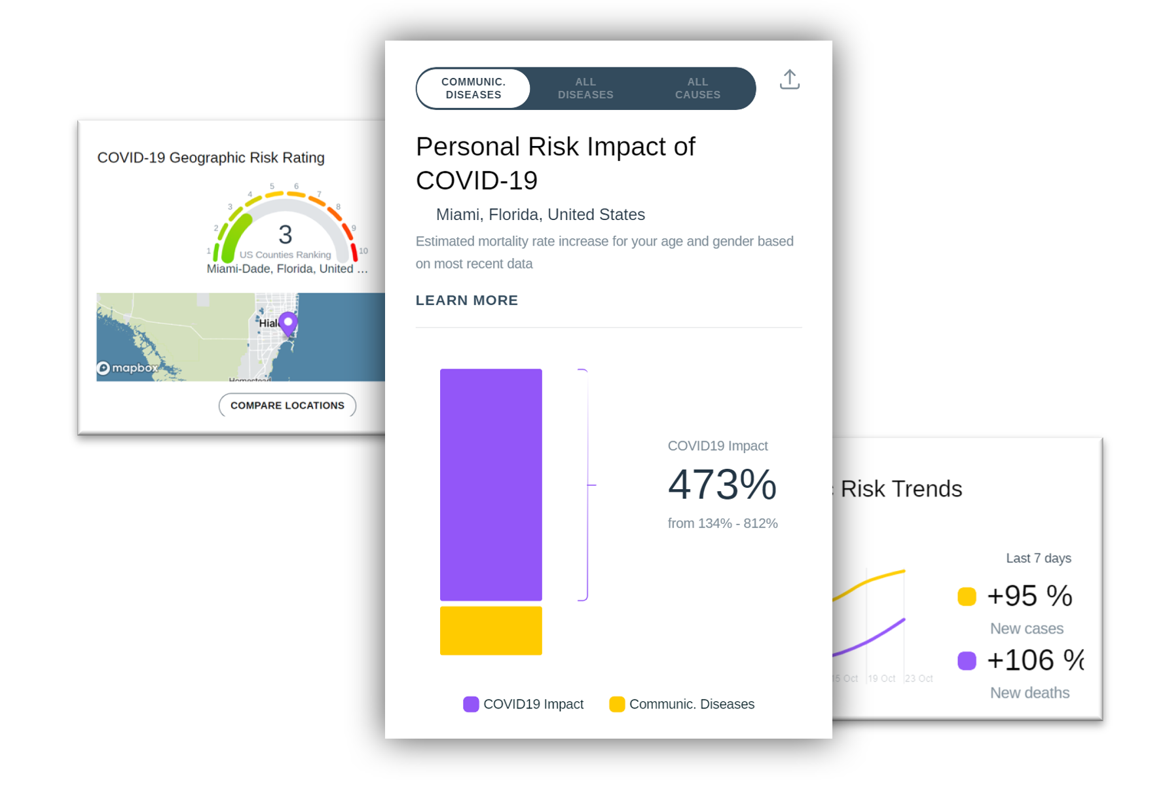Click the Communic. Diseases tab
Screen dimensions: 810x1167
click(473, 88)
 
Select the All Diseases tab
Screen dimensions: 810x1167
click(585, 88)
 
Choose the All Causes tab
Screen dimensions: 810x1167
click(697, 88)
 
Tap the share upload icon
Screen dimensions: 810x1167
click(790, 80)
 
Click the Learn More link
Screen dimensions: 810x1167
click(466, 300)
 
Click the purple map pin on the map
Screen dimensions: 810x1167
click(288, 322)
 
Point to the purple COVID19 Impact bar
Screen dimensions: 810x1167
click(491, 485)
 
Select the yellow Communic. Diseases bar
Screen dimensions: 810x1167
click(491, 631)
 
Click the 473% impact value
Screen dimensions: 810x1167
click(722, 485)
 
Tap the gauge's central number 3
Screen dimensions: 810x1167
click(285, 234)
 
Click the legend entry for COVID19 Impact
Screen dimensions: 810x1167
click(523, 704)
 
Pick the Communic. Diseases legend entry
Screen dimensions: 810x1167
click(682, 704)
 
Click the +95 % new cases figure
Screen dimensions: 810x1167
click(1029, 596)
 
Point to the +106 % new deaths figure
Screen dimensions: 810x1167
click(1035, 660)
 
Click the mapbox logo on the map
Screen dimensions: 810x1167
click(128, 368)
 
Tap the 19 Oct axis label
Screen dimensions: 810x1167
click(881, 678)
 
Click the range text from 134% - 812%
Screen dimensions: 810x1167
click(722, 523)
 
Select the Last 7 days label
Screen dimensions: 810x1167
click(1038, 558)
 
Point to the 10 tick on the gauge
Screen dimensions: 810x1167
click(363, 251)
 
